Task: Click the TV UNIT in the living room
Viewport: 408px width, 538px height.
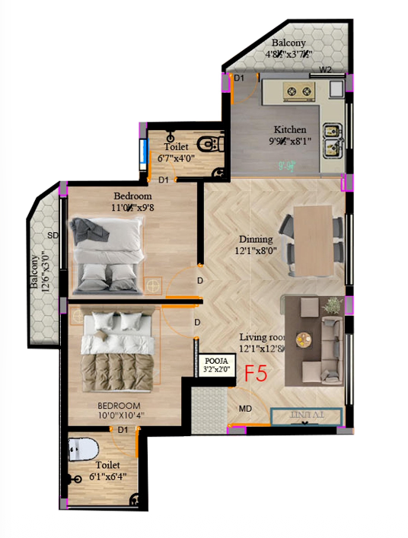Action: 308,415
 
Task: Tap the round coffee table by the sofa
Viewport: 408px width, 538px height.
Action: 304,339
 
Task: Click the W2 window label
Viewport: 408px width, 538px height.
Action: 326,70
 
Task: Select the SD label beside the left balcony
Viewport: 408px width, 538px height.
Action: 53,236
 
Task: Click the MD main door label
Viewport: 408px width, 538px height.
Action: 245,409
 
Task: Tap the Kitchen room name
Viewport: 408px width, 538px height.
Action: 291,130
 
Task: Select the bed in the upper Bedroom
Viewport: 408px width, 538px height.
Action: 107,254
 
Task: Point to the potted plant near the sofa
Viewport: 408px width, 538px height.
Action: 332,306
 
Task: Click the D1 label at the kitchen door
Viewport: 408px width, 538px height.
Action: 239,78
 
